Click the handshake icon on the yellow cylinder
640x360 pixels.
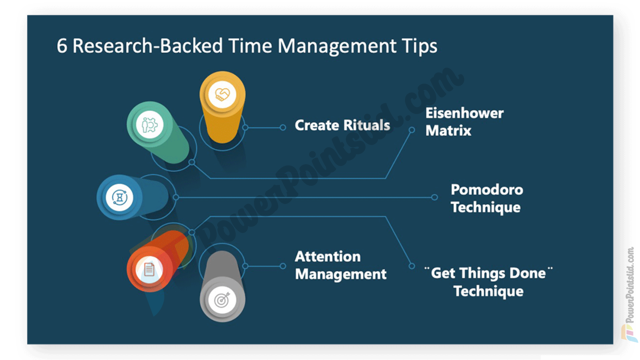(222, 95)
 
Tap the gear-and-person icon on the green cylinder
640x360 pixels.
(150, 125)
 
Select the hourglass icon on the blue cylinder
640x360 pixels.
(120, 197)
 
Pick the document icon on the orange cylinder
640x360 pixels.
(149, 269)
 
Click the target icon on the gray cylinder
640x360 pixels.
(222, 300)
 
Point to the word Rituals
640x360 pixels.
(367, 125)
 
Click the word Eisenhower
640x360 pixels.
(465, 113)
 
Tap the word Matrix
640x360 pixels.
(448, 131)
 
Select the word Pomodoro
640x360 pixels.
(487, 190)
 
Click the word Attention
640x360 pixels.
(328, 257)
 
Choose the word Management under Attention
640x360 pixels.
(341, 274)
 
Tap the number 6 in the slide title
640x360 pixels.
(62, 46)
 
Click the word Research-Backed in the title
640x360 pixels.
(148, 46)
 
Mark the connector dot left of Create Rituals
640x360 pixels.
(283, 127)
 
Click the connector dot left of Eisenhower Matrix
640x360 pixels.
(412, 130)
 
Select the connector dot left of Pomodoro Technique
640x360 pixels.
(434, 197)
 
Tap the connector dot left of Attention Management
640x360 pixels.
(283, 266)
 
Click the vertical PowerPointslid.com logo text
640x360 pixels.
(630, 285)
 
